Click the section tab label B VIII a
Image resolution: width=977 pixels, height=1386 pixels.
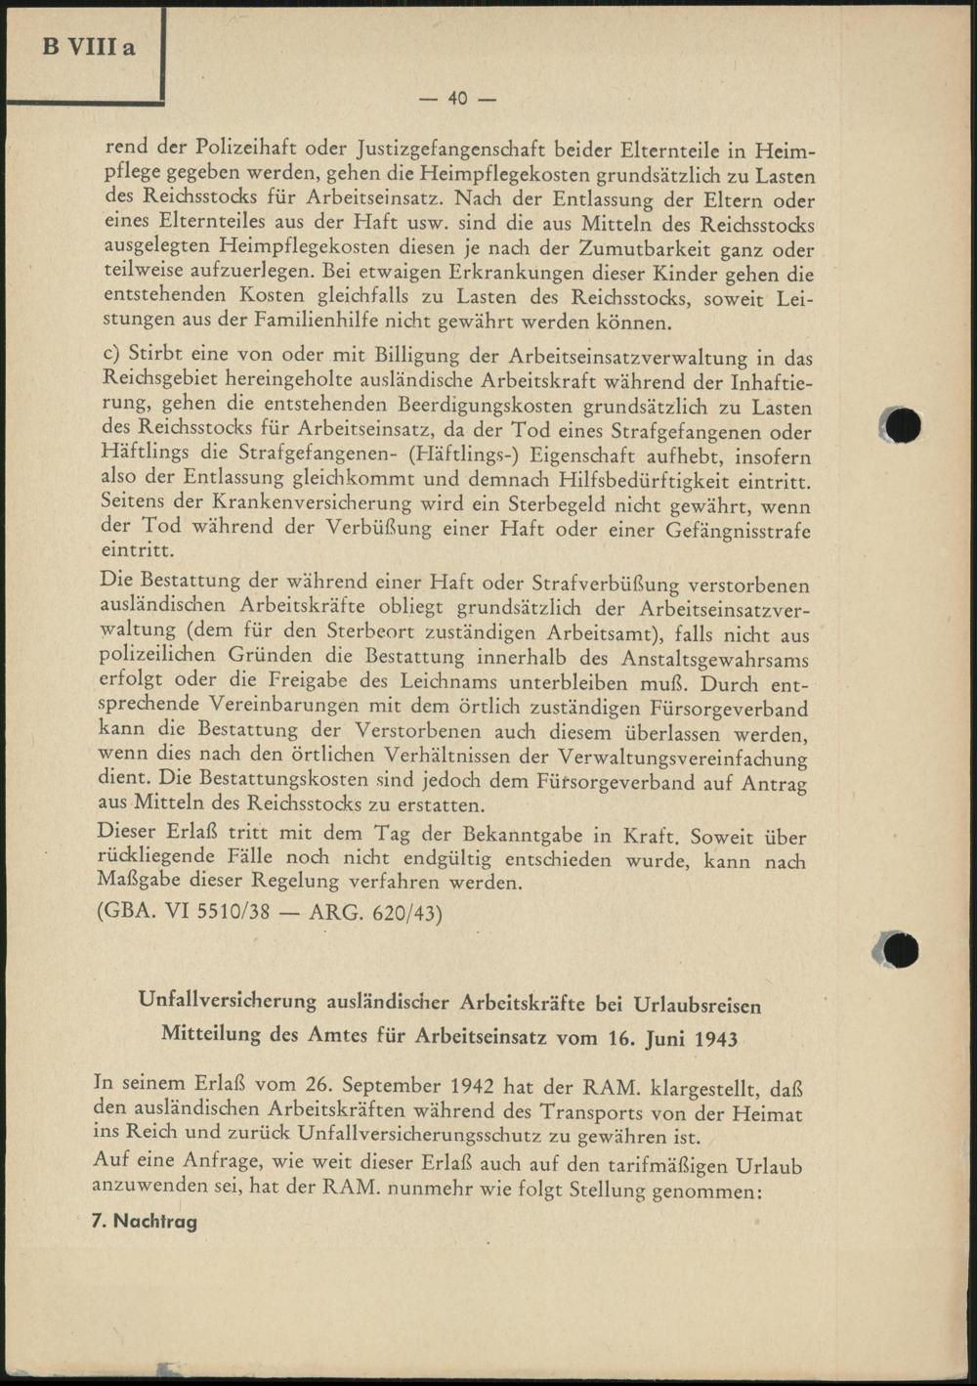(x=88, y=48)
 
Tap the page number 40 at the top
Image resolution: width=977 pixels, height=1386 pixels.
(x=458, y=98)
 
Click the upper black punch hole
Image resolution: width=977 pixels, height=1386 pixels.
(x=903, y=425)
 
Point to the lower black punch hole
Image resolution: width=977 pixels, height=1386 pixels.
(x=901, y=949)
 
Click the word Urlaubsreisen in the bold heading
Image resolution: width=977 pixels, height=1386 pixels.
(x=698, y=1003)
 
